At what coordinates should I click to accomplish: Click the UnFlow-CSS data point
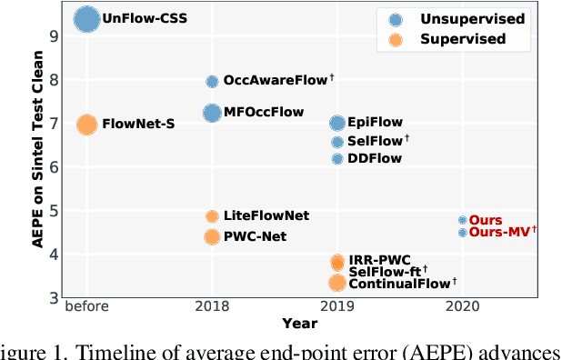click(86, 19)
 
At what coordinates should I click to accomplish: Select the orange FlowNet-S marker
click(86, 125)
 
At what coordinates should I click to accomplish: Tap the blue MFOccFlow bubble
click(212, 113)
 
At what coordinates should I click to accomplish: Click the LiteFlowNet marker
click(212, 216)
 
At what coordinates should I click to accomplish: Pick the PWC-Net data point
click(212, 237)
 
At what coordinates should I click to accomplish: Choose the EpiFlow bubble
click(337, 123)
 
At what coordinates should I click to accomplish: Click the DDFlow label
click(375, 159)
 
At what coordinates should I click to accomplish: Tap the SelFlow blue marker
click(337, 142)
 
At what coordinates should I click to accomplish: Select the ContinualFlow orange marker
click(337, 283)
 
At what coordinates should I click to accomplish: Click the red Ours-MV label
click(501, 233)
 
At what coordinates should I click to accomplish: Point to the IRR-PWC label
click(380, 261)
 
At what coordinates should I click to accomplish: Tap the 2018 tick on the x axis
click(212, 306)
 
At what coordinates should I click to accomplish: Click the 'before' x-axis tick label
click(86, 306)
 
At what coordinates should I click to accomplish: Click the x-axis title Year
click(299, 323)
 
